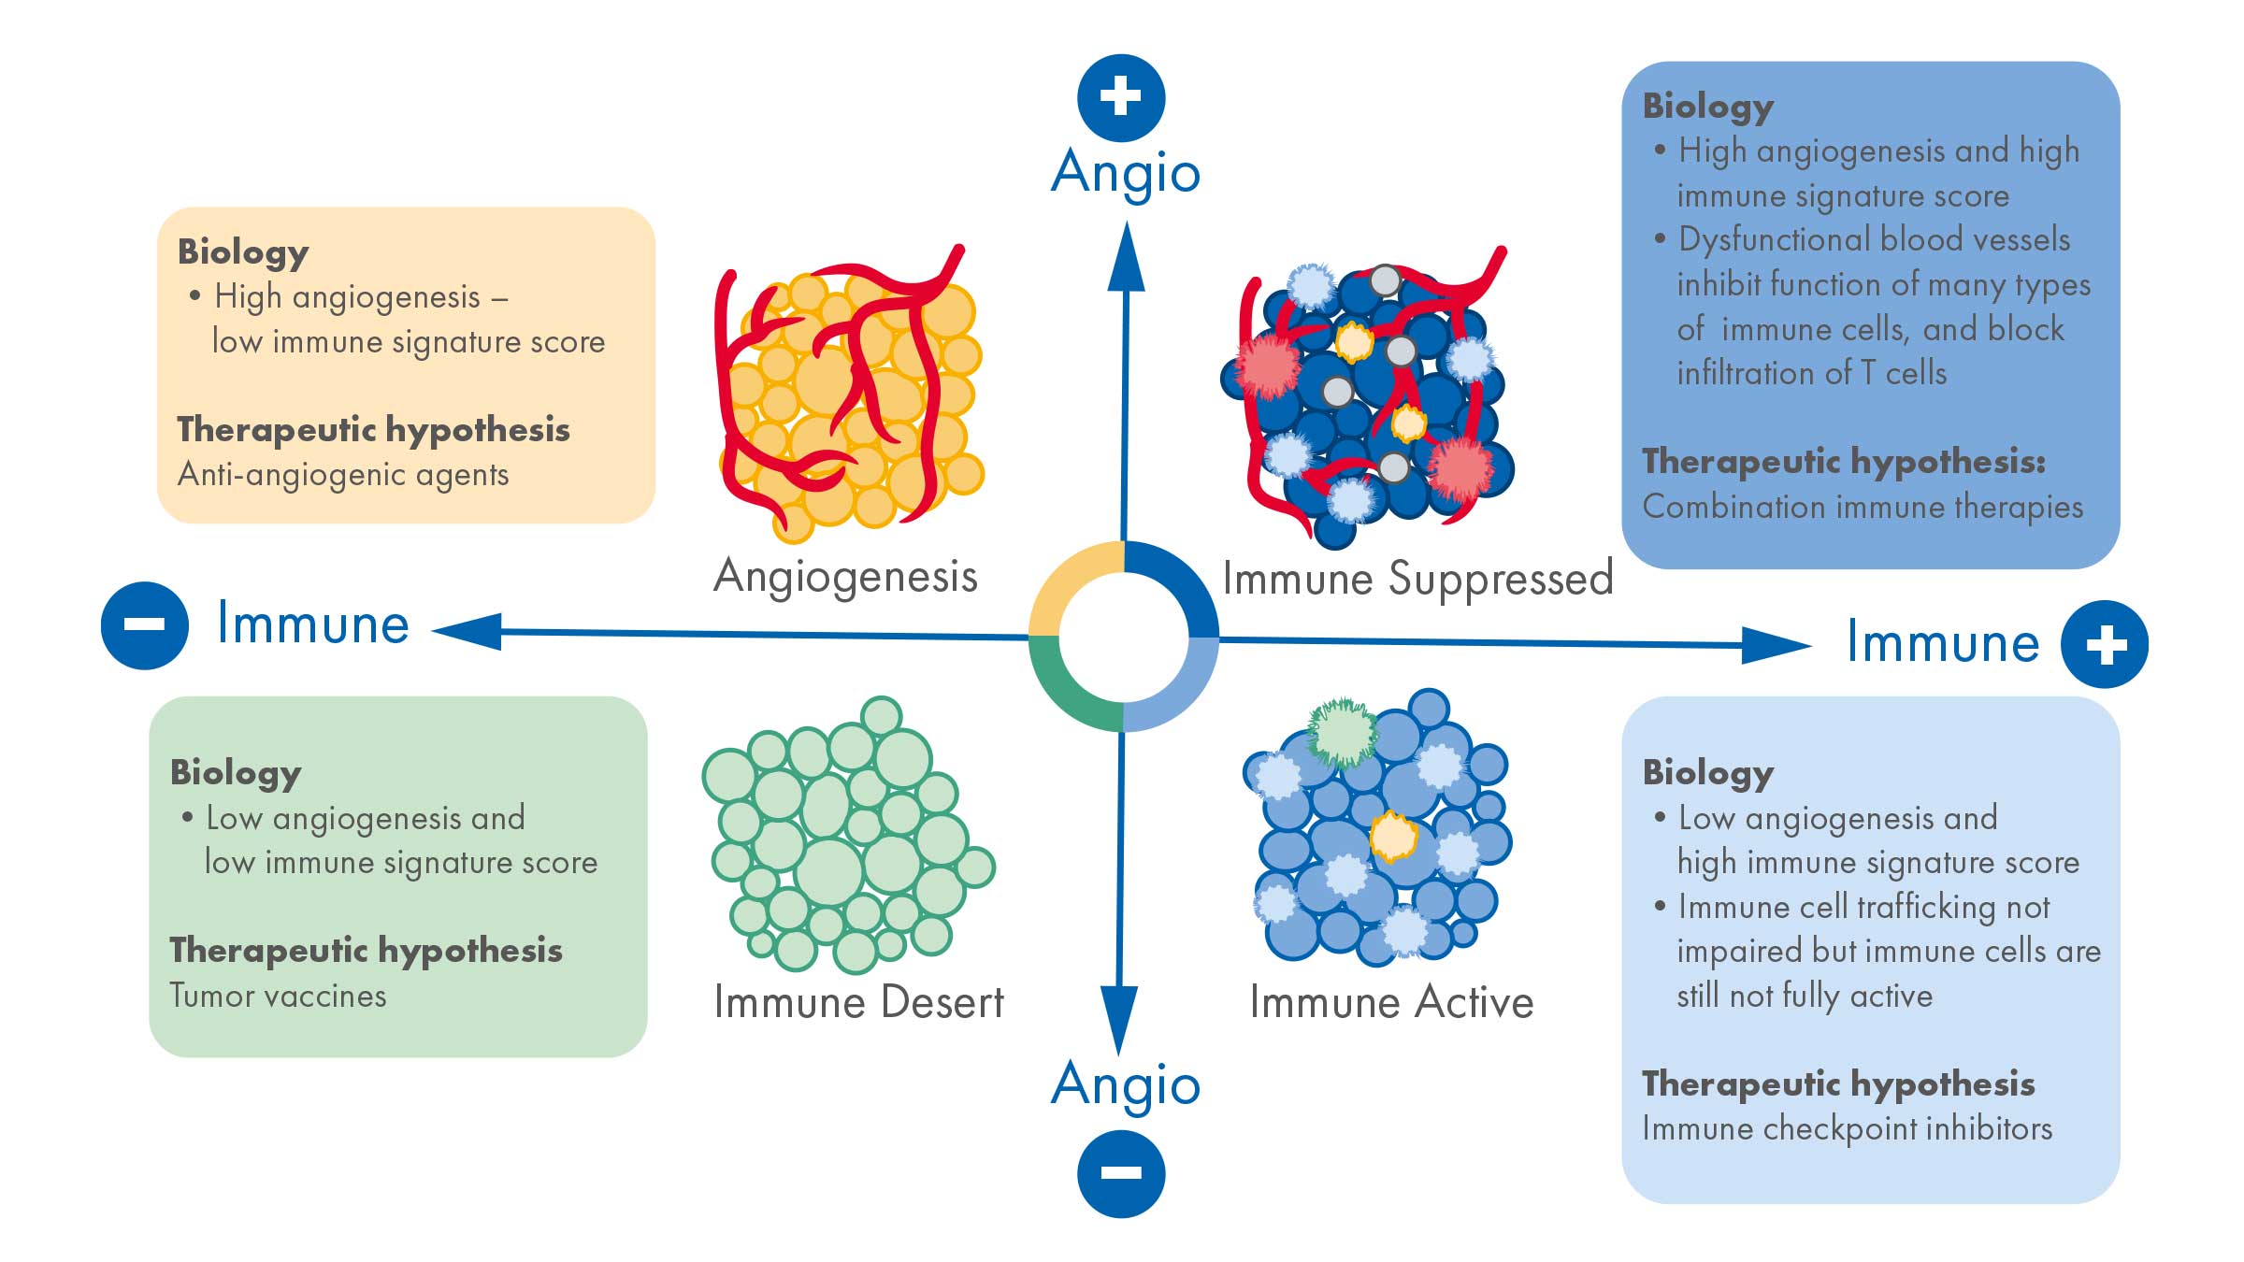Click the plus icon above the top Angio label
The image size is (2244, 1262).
[1120, 97]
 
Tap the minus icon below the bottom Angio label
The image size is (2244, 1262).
[1120, 1173]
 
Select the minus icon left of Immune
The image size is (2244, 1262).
[144, 624]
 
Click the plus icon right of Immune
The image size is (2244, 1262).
[2105, 644]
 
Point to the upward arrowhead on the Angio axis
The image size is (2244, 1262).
[1126, 258]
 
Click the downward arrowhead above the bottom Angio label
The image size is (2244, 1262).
[1118, 1019]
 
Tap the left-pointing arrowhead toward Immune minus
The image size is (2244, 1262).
[467, 632]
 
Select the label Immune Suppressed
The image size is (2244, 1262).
[1417, 578]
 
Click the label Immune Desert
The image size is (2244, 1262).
[858, 1003]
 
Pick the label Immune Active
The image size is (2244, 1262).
[1391, 1003]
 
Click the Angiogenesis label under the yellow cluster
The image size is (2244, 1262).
[845, 576]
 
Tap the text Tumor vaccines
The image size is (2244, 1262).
[278, 996]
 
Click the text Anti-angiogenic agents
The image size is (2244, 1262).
[343, 475]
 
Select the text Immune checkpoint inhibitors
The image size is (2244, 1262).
[1847, 1128]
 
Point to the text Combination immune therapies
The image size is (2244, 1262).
[1863, 507]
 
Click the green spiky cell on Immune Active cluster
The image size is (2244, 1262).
[1342, 733]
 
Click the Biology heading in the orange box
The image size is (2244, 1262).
[243, 251]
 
